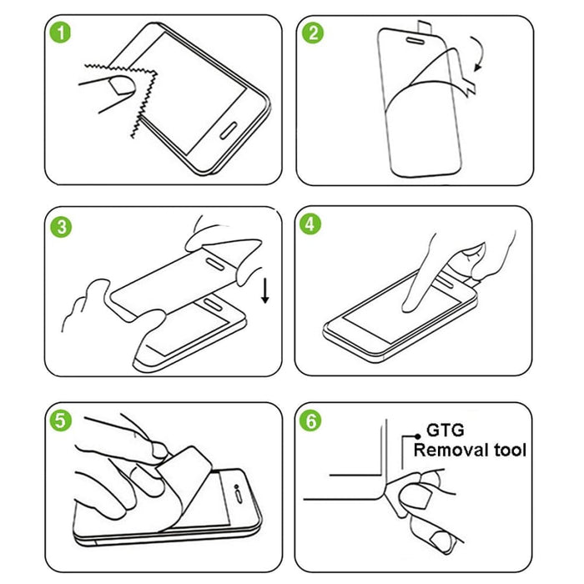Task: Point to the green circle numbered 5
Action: click(58, 420)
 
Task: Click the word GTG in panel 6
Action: click(446, 432)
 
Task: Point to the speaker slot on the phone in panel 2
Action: click(411, 38)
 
